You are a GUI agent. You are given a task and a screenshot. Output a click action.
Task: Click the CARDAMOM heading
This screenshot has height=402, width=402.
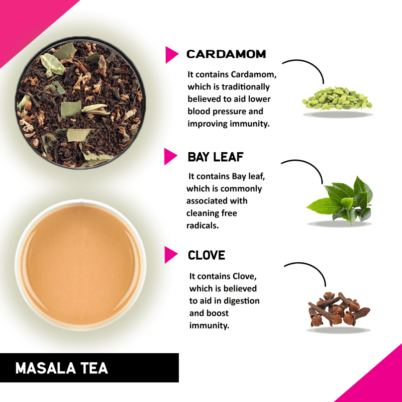tap(226, 54)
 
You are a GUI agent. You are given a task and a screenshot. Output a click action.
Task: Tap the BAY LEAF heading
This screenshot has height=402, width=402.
tap(216, 157)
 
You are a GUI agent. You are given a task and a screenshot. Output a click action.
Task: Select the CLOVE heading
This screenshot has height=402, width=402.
tap(207, 255)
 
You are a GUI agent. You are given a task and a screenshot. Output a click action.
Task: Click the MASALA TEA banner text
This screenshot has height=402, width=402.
tap(61, 368)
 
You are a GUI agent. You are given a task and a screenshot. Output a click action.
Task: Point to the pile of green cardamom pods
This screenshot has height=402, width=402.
tap(337, 98)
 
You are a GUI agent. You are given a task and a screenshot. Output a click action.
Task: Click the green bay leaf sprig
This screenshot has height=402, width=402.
tap(340, 200)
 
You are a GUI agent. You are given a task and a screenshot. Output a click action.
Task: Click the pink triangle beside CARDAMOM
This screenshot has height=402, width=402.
tap(171, 55)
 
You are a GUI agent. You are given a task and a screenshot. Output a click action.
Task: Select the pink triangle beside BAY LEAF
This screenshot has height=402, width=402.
tap(170, 156)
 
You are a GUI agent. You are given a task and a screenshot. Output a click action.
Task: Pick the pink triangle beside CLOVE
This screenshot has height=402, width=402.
tap(170, 255)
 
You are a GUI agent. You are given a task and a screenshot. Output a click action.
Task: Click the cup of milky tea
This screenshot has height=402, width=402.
tap(80, 265)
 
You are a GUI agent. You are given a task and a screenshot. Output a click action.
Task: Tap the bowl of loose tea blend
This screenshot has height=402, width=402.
tap(80, 103)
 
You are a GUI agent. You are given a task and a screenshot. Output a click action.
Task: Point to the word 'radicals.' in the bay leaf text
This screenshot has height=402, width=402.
tap(203, 226)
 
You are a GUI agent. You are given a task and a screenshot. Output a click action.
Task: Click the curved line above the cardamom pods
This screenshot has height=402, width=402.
tap(311, 65)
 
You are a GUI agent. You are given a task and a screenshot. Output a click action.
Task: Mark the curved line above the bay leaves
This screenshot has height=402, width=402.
tap(310, 165)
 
